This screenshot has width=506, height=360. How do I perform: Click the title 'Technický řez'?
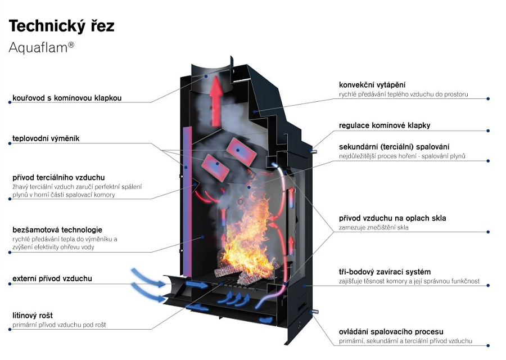point(61,26)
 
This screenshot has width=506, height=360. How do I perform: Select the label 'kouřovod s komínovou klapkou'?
point(67,98)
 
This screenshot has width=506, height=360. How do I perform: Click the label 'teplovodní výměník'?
point(46,138)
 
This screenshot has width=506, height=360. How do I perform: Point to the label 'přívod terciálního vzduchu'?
point(58,178)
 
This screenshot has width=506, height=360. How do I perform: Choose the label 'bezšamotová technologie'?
point(57,230)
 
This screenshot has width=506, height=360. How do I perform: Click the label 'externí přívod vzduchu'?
point(52,278)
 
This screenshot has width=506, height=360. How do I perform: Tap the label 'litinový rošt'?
point(32,316)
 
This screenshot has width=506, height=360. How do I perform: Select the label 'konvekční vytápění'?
point(372,85)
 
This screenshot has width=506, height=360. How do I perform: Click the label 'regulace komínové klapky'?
point(385,125)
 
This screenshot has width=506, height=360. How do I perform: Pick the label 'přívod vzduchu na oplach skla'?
point(392,218)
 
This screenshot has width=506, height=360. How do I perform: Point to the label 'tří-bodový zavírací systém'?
point(385,272)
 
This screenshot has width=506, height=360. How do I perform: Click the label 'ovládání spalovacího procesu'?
point(391,331)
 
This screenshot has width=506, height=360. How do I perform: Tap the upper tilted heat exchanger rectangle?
point(241,151)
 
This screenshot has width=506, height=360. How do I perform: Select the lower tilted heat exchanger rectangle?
point(215,168)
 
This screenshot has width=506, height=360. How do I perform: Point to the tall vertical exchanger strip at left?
point(187,201)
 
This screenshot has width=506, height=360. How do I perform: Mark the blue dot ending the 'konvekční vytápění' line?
point(488,99)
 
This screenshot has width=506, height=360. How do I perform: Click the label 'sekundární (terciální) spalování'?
point(394,147)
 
